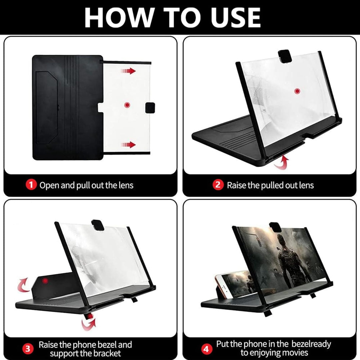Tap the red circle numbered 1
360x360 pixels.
31,185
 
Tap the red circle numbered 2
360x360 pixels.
218,185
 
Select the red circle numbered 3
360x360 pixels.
28,349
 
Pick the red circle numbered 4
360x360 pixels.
206,349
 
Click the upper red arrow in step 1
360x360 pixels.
128,71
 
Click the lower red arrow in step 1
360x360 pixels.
128,145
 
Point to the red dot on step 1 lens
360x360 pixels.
127,105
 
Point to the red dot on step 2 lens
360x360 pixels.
297,91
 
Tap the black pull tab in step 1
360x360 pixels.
150,108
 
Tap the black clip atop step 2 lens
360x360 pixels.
285,56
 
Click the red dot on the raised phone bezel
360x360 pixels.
45,281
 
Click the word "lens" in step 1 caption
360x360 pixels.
126,185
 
